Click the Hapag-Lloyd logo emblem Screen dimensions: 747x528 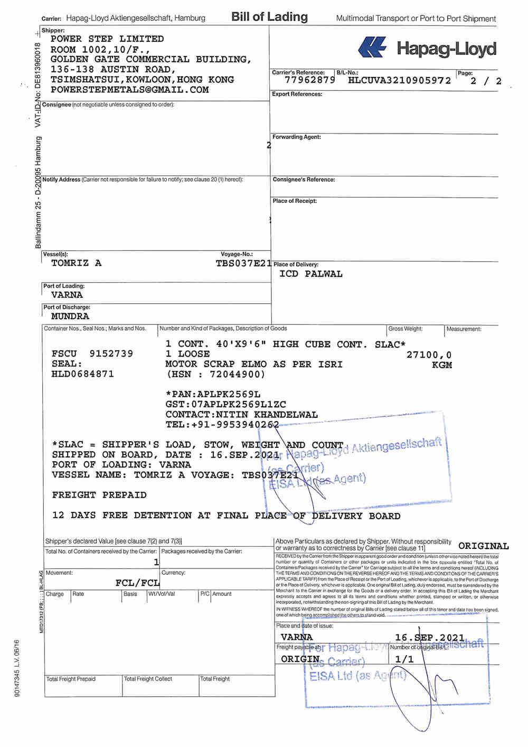[372, 48]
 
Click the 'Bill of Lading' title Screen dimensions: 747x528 [269, 17]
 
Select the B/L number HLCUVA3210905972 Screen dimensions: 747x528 [400, 80]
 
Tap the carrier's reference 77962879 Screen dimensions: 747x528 [309, 80]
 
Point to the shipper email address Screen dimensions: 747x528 [129, 90]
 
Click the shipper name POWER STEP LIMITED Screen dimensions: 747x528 [107, 39]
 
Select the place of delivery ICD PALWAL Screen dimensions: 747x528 [310, 274]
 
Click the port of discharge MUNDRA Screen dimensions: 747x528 [70, 316]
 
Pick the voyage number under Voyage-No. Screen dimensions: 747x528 [243, 263]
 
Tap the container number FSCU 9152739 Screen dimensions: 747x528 [92, 353]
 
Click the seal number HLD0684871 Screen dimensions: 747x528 [82, 374]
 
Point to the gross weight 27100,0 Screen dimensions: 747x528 [429, 354]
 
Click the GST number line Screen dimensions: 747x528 [225, 404]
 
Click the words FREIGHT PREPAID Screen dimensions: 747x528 [99, 495]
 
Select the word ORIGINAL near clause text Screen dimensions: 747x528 [483, 546]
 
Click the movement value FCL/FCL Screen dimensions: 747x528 [137, 583]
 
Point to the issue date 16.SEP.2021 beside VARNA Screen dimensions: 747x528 [429, 638]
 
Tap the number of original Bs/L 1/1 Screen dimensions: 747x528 [404, 659]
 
